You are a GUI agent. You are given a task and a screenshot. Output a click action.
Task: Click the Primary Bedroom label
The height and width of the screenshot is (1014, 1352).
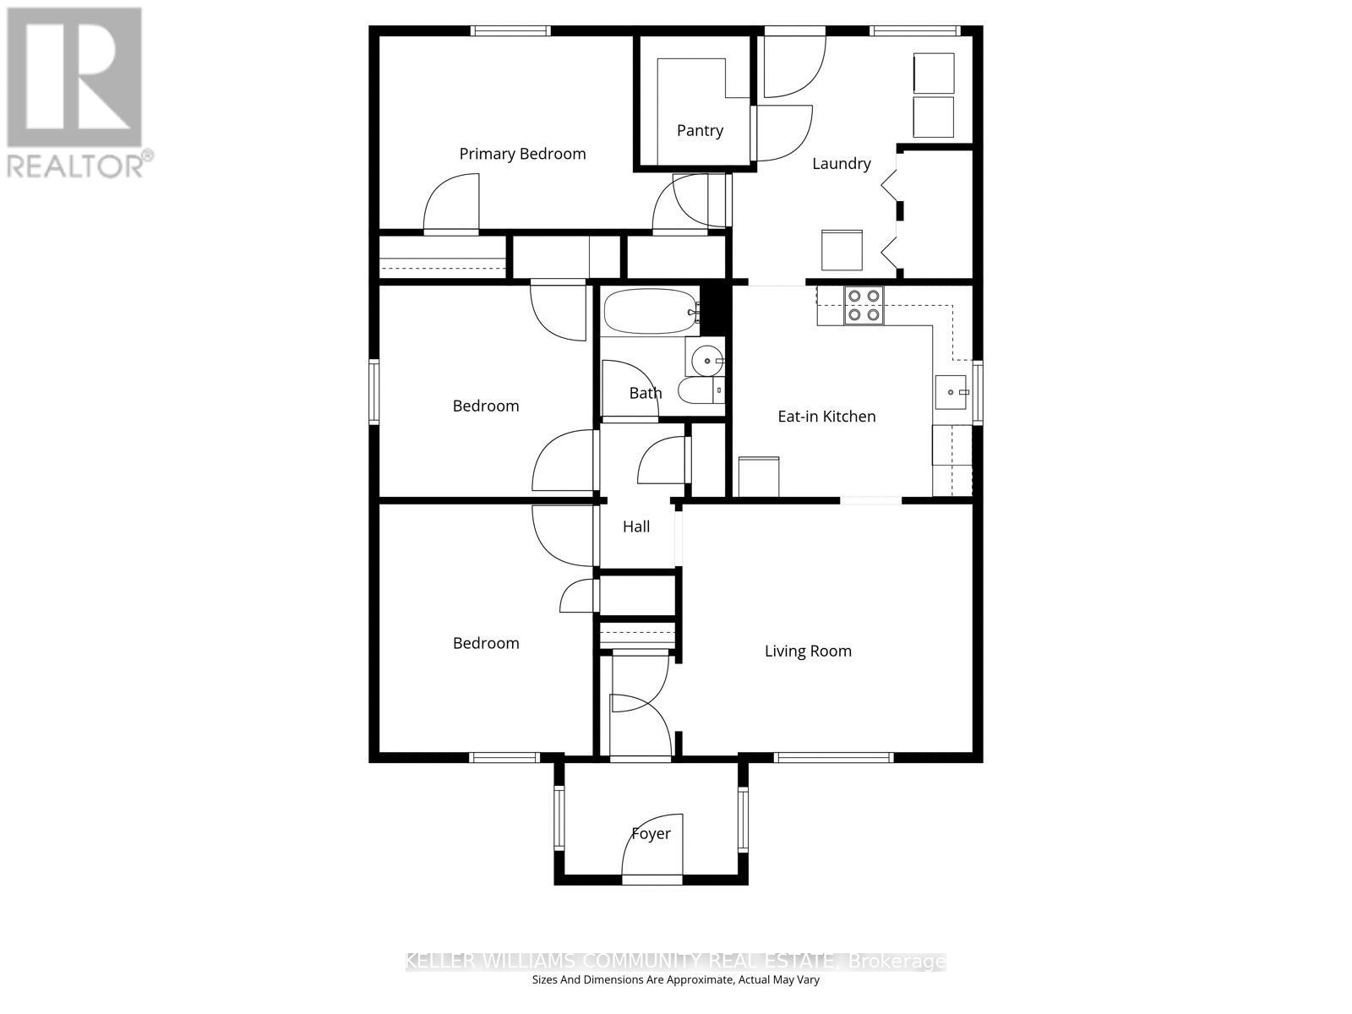[522, 154]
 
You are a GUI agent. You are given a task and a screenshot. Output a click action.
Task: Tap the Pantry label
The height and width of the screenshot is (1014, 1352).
[700, 130]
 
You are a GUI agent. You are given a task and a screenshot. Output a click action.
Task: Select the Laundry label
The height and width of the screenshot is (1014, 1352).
[841, 163]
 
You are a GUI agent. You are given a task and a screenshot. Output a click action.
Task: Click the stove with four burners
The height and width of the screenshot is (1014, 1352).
[864, 306]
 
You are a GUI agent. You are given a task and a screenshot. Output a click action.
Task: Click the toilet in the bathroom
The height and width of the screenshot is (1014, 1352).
[701, 390]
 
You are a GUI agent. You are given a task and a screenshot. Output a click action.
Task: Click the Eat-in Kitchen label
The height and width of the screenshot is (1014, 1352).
[826, 416]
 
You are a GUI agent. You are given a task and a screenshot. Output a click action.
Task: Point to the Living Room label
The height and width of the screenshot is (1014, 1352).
[808, 651]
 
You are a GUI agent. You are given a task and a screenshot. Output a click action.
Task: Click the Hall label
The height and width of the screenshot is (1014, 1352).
[636, 526]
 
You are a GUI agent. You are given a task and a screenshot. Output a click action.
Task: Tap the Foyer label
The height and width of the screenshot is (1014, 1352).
[651, 834]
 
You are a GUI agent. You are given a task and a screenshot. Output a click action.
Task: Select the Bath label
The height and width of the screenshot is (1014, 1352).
[646, 393]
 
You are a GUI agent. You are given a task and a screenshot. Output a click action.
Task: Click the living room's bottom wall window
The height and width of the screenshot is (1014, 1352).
[833, 758]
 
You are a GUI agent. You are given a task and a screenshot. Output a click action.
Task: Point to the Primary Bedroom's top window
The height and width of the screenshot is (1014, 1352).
[510, 31]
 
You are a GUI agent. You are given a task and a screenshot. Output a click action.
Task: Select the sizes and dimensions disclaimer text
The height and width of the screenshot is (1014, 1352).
[676, 980]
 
